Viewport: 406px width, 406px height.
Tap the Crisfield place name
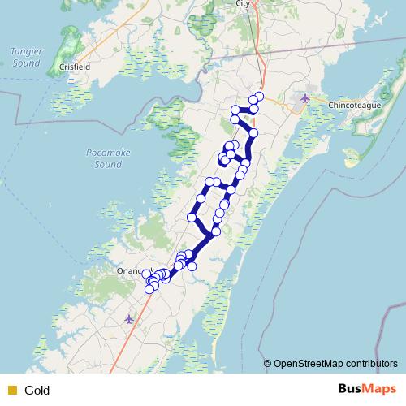click(74, 67)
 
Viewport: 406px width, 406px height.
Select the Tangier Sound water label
click(25, 57)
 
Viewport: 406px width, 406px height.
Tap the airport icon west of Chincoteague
click(304, 98)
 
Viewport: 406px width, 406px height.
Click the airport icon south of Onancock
click(129, 318)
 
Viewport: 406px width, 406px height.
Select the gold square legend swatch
click(11, 390)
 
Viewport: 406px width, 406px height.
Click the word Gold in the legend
click(37, 390)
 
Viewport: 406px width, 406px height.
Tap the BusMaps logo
click(367, 389)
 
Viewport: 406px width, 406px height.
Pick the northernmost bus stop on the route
click(258, 97)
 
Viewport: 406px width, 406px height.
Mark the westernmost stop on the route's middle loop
click(192, 218)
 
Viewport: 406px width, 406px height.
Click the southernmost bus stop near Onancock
click(149, 290)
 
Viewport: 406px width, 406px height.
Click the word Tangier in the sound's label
click(25, 51)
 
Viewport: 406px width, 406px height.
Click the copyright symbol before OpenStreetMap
click(268, 364)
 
